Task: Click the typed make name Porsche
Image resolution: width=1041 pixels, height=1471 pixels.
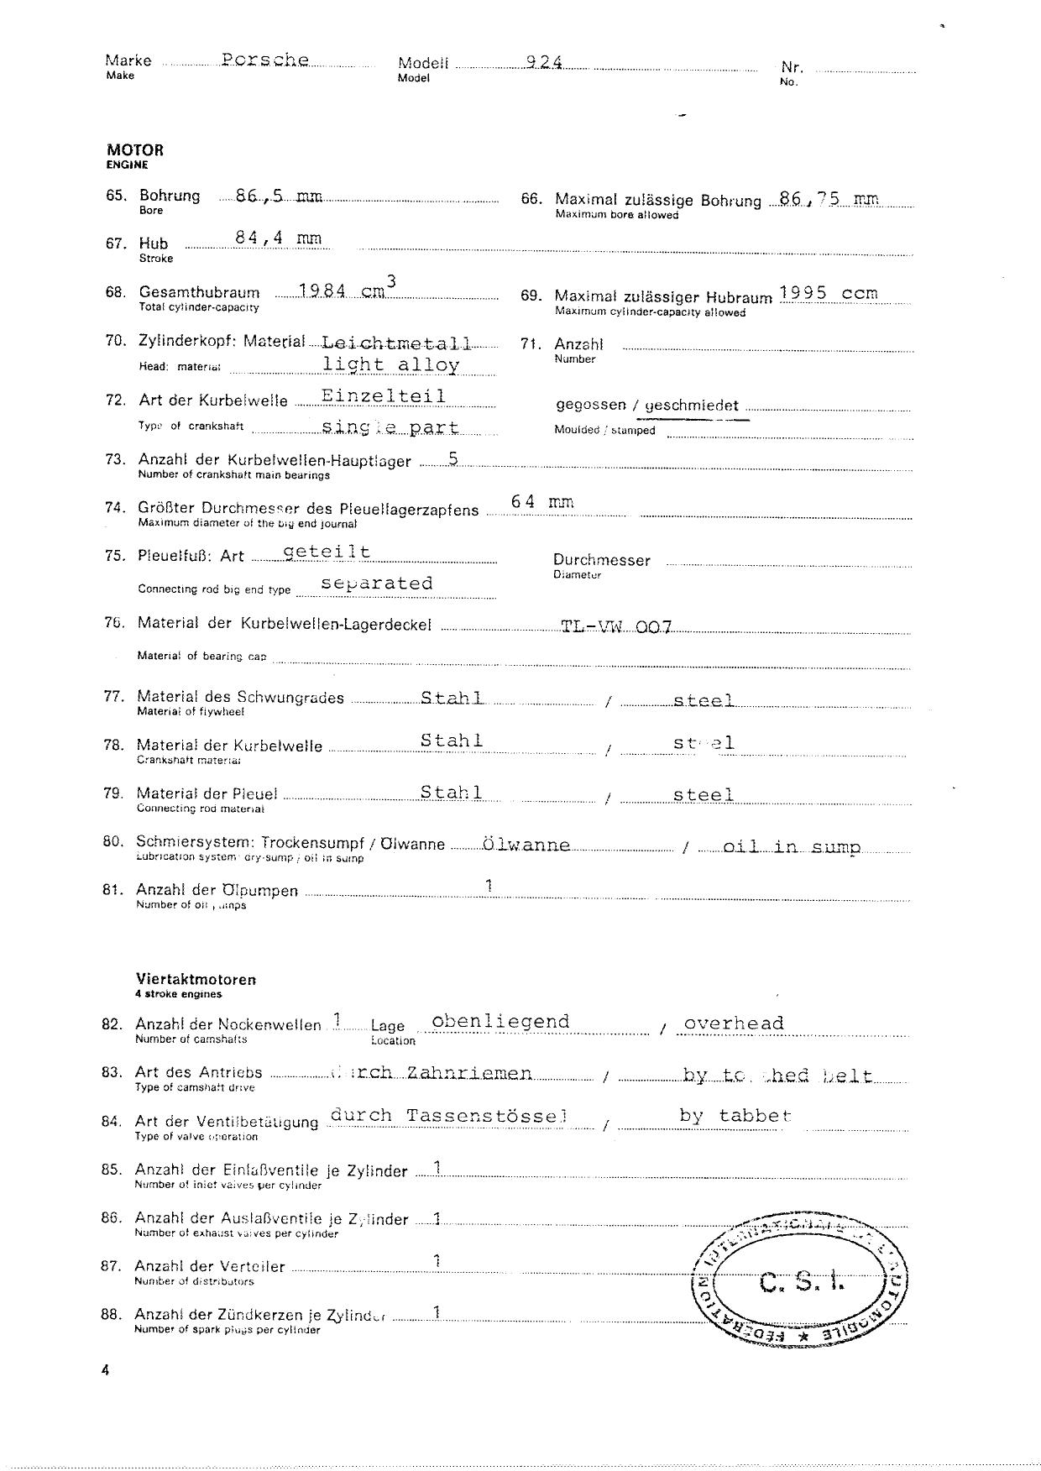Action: (265, 60)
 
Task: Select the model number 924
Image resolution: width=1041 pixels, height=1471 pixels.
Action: (544, 62)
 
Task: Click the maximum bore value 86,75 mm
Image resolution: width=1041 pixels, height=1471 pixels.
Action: (829, 199)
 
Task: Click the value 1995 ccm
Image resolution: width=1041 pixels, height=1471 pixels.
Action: (828, 293)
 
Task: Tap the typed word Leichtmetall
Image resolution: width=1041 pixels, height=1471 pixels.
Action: (396, 343)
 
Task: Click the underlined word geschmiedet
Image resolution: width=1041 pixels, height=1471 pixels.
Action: (692, 406)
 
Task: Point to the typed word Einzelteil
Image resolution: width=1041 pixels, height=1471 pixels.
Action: (384, 396)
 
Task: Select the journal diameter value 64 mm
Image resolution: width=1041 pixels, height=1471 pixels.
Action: (542, 502)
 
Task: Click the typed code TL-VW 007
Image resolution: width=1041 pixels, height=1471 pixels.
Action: (616, 627)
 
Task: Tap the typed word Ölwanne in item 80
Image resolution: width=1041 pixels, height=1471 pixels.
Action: (526, 845)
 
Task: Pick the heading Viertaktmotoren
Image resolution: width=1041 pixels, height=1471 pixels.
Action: (196, 979)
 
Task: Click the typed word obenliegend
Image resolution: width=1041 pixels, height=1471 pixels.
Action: (500, 1022)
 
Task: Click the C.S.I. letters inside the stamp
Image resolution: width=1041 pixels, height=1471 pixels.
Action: (802, 1282)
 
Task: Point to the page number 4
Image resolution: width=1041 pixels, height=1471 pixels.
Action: (105, 1371)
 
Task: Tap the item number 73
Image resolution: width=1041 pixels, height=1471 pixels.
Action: (114, 459)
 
